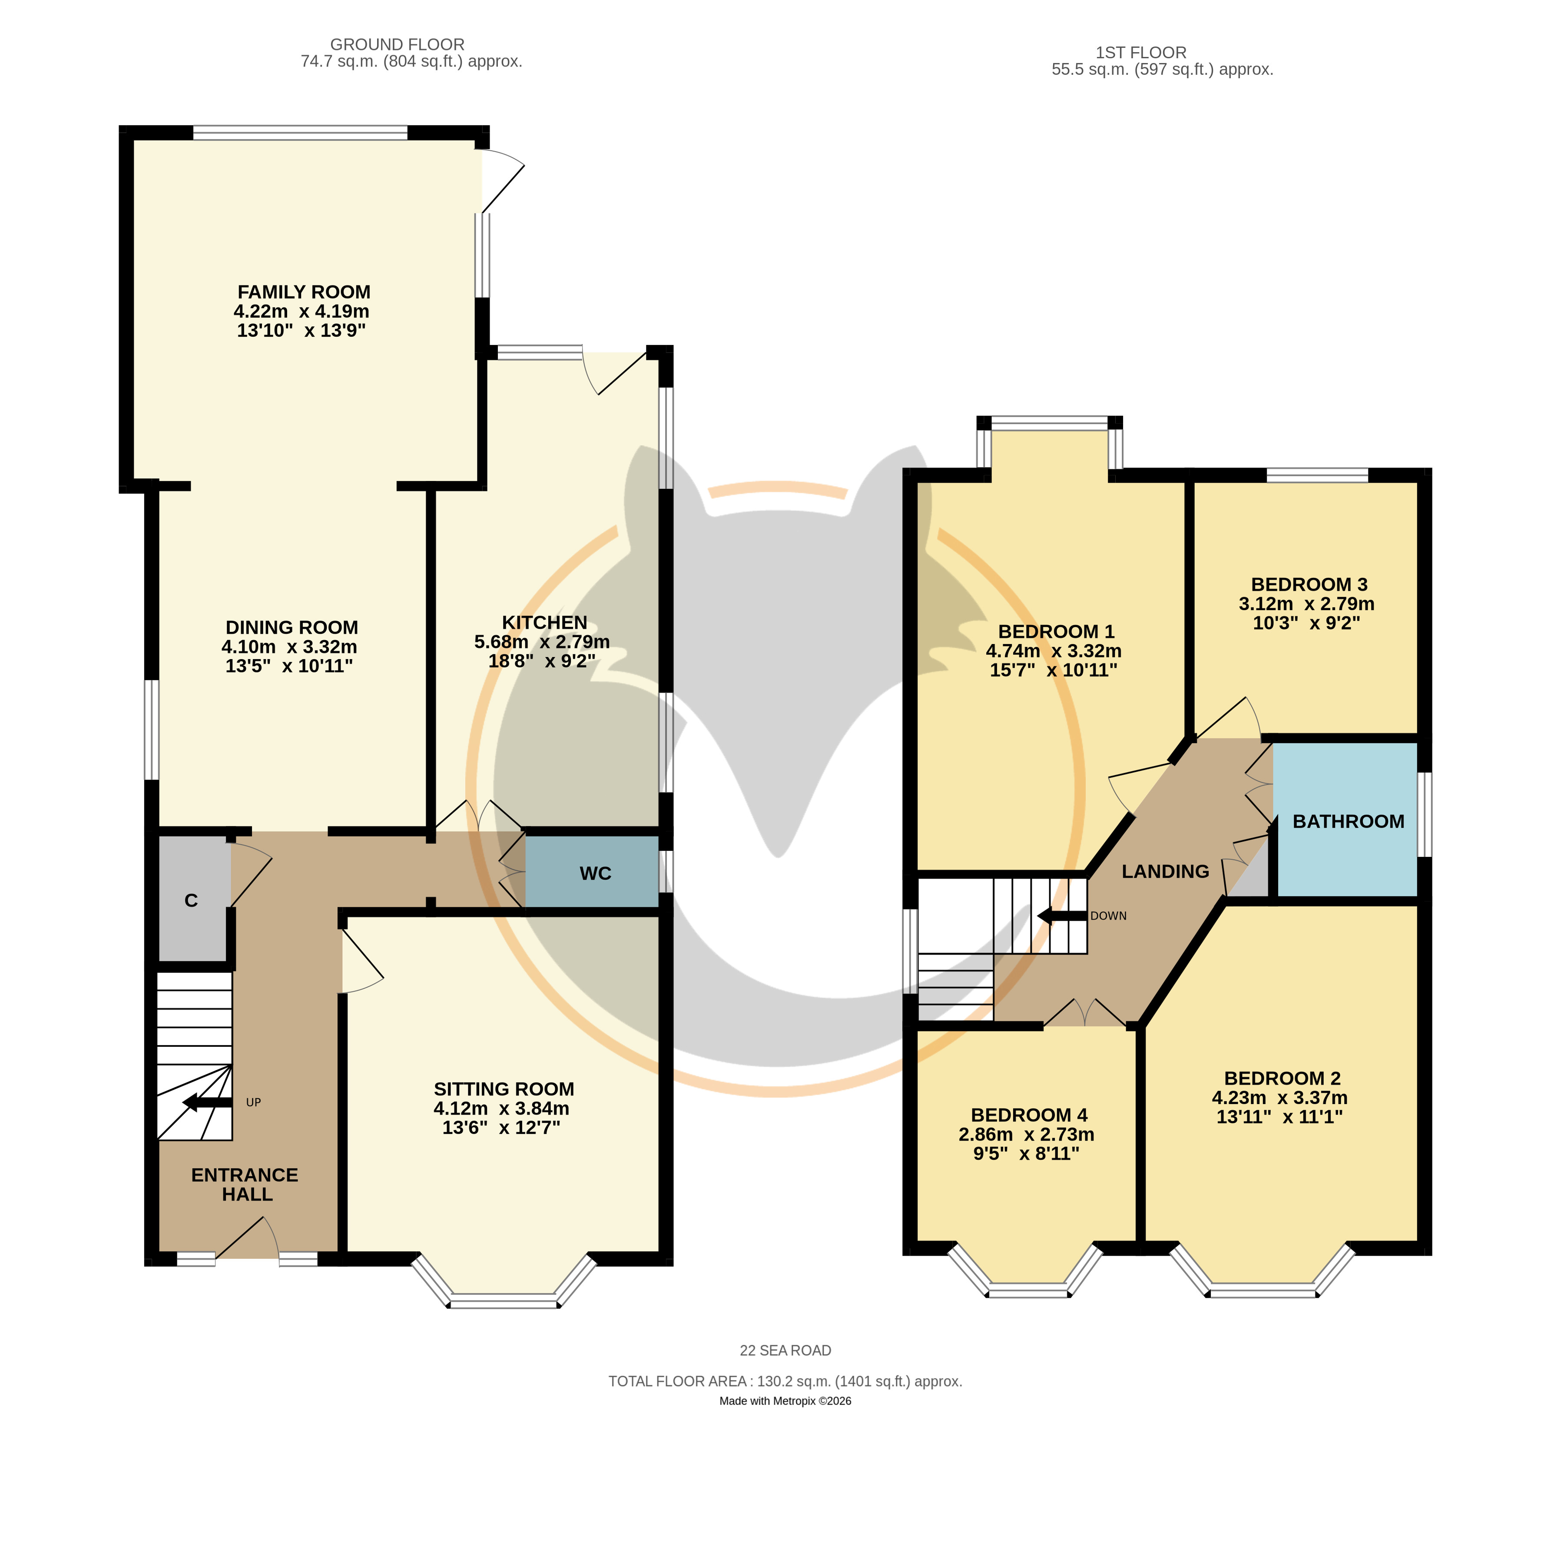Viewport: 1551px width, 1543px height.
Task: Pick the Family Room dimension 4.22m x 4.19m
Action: pos(302,312)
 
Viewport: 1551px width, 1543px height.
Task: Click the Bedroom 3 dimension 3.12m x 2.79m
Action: pos(1306,604)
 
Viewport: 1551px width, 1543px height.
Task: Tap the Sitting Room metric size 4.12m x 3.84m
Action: pos(502,1108)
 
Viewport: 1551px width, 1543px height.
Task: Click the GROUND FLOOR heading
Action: pos(398,45)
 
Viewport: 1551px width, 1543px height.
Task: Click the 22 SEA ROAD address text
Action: pos(785,1351)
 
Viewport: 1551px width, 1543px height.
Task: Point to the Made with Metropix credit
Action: pos(785,1401)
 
